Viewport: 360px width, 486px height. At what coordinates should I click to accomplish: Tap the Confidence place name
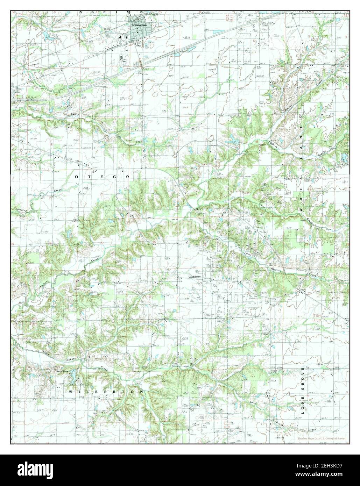pos(194,277)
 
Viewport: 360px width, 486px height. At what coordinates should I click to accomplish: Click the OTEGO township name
pos(99,177)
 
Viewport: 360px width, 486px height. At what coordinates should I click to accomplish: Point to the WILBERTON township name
pos(106,392)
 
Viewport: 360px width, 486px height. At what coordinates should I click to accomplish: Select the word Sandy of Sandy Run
pos(73,114)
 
